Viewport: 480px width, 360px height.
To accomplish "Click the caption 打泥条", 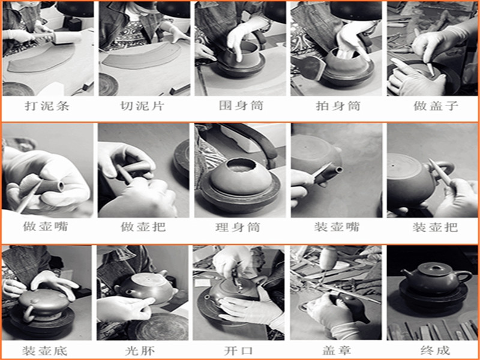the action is pos(47,106).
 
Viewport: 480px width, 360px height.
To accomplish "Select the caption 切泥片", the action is pos(142,106).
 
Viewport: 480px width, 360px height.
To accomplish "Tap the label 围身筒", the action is pos(241,106).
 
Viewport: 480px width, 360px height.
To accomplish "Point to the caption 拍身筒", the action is pos(338,106).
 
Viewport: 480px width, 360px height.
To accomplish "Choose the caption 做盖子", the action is pos(436,106).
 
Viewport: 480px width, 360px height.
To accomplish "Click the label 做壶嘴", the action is pos(46,227).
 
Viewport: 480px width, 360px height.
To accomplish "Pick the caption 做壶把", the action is pos(143,227).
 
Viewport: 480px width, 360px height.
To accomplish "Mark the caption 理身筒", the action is pos(238,227).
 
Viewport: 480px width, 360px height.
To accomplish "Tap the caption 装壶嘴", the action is pos(337,227).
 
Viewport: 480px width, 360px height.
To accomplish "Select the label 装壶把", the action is pos(435,227).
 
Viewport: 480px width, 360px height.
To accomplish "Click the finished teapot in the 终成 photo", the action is pos(436,279).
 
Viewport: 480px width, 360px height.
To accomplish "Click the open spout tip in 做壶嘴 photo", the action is pos(61,186).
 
